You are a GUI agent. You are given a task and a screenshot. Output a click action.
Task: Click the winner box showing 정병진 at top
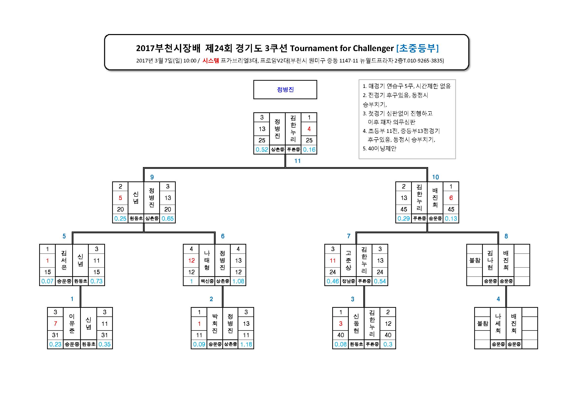coord(285,90)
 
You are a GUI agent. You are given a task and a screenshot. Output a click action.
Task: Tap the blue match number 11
coord(297,161)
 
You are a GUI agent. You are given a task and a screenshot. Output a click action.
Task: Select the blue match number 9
coord(152,177)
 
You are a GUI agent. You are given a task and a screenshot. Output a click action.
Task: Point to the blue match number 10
coord(435,177)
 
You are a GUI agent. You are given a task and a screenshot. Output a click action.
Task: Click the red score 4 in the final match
coord(309,129)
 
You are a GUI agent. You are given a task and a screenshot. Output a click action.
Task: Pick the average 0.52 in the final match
coord(262,150)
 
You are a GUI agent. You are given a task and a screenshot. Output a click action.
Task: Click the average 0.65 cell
coord(167,219)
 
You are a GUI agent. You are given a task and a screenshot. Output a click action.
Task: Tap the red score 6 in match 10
coord(451,198)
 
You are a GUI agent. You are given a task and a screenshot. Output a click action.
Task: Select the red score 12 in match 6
coord(191,261)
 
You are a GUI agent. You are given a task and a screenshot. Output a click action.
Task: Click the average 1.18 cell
coord(246,344)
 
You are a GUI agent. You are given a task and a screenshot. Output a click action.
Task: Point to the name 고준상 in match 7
coord(348,260)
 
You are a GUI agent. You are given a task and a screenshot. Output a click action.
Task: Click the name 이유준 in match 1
coord(72,323)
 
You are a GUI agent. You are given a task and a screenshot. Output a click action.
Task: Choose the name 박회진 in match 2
coord(215,323)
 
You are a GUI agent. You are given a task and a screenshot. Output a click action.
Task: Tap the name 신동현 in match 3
coord(356,323)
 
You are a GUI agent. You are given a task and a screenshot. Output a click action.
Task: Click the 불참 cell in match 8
coord(474,261)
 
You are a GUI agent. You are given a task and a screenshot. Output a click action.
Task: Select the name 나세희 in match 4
coord(498,323)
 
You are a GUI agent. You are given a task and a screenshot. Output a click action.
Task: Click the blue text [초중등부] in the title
coord(418,48)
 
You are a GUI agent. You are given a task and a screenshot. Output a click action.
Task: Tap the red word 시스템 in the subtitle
coord(211,60)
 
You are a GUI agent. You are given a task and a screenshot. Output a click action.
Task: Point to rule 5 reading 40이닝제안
coord(380,149)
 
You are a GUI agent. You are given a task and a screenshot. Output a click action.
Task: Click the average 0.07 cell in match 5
coord(47,281)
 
